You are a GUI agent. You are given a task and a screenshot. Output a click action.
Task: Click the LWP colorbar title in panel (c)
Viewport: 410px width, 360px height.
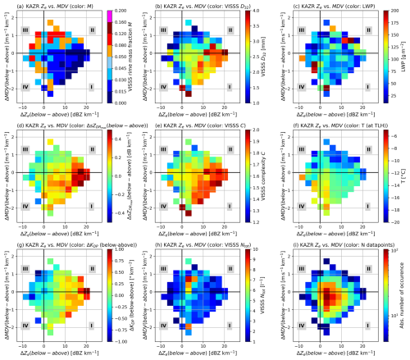coord(404,56)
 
